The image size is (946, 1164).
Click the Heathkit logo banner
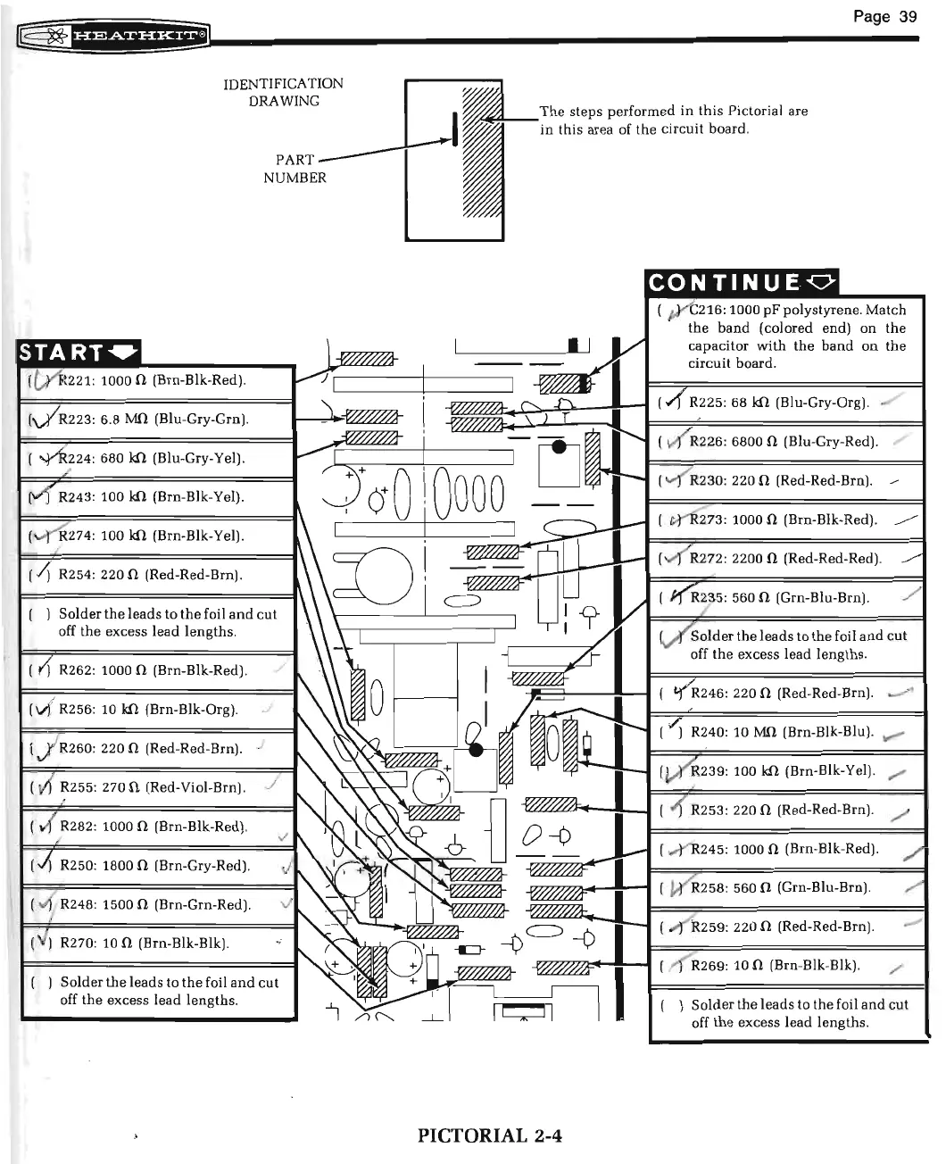point(114,36)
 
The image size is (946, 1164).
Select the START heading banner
point(79,353)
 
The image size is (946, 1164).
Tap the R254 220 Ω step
point(150,575)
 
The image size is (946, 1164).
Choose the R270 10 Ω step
point(144,943)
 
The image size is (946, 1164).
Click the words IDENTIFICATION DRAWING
point(283,92)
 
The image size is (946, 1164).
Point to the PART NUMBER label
point(295,169)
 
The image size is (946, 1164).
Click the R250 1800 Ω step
point(154,865)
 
